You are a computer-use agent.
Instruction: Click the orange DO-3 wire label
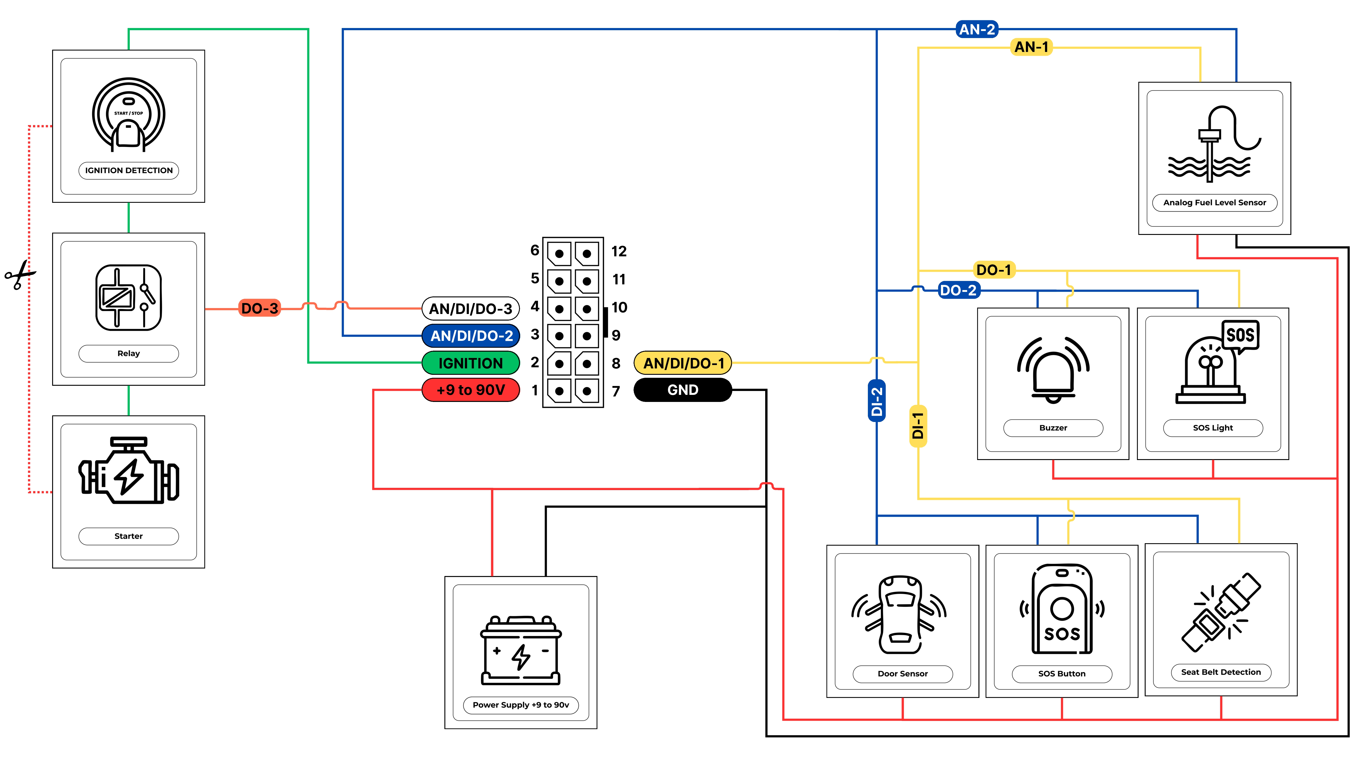click(x=259, y=308)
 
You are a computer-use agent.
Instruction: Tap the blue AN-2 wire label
click(x=977, y=29)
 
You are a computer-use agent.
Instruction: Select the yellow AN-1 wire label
click(x=1031, y=47)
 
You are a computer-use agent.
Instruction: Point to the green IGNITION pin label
click(x=470, y=363)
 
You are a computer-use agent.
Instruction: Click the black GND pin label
click(x=683, y=390)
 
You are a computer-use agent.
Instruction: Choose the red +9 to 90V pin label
click(x=470, y=390)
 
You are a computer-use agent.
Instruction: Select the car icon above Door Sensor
click(x=900, y=615)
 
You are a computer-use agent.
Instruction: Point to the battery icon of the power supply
click(x=521, y=650)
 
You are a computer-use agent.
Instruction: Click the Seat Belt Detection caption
click(x=1221, y=672)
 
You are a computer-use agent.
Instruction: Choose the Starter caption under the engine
click(x=128, y=536)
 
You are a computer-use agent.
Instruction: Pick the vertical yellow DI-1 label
click(x=918, y=426)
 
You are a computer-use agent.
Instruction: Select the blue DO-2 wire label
click(x=958, y=290)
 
